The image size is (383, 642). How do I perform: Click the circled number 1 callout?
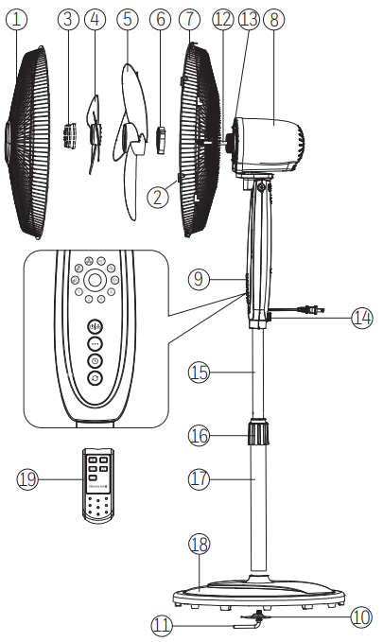(x=16, y=19)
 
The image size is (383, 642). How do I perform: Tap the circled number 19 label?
(x=27, y=478)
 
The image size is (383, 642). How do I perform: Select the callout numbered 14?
(x=362, y=318)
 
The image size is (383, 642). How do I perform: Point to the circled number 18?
(x=200, y=545)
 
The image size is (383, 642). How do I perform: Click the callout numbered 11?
(x=162, y=626)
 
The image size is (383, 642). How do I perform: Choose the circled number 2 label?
(x=158, y=197)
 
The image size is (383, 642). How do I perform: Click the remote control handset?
(x=98, y=486)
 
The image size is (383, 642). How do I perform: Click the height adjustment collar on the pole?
(x=258, y=432)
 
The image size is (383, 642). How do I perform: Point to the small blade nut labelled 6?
(x=161, y=140)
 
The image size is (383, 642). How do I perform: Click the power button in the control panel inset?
(x=95, y=326)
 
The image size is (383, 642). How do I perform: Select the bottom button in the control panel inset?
(x=95, y=378)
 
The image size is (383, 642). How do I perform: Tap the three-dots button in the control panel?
(x=95, y=343)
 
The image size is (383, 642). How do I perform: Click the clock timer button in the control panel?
(x=95, y=361)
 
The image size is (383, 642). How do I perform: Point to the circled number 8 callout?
(x=273, y=19)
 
